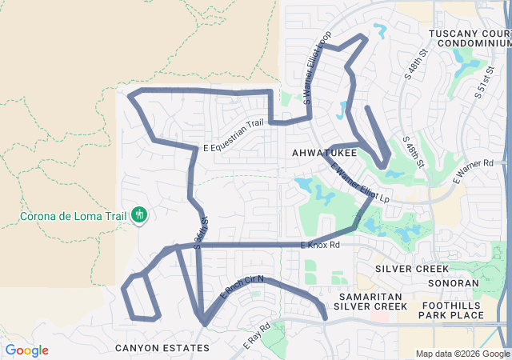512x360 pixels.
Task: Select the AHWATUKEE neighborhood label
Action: click(324, 152)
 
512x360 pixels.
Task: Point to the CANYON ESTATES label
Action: click(162, 348)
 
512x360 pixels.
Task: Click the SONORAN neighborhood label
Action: click(454, 282)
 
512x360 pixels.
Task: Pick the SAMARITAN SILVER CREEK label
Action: click(370, 301)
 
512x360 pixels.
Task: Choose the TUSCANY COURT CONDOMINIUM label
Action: click(470, 38)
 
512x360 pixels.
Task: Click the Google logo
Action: click(26, 350)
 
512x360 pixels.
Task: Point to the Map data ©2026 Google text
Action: click(462, 354)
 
